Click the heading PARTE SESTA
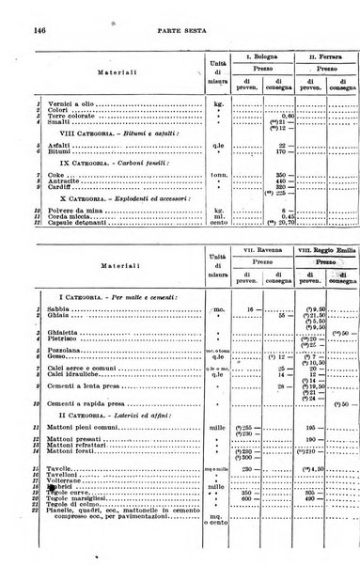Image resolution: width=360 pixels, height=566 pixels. coord(181,31)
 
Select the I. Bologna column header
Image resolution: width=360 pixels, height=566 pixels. coord(255,57)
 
